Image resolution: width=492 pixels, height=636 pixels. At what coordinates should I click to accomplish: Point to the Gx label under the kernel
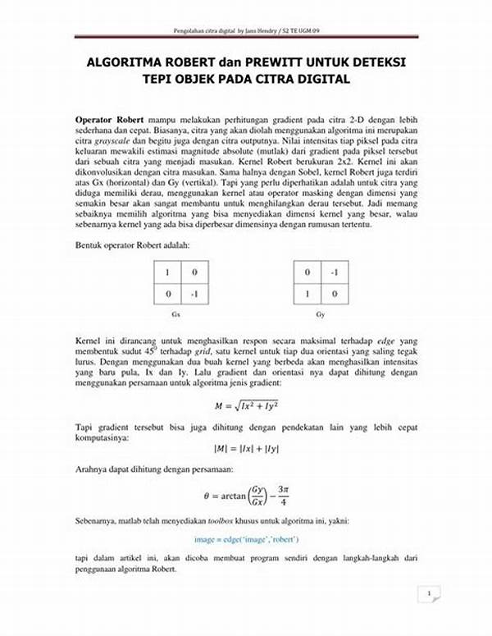click(x=175, y=313)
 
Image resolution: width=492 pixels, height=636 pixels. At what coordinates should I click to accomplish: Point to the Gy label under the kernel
click(x=320, y=313)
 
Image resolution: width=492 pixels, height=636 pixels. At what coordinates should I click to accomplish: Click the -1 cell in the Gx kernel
click(x=194, y=293)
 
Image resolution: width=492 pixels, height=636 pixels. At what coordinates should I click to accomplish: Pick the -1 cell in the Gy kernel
click(x=335, y=272)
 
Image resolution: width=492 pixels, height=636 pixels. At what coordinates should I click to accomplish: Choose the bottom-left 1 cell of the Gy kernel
click(x=307, y=293)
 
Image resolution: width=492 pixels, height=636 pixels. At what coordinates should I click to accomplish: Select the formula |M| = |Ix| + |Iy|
click(x=245, y=448)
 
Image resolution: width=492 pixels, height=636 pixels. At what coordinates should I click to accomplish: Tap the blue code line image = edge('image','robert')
click(x=246, y=539)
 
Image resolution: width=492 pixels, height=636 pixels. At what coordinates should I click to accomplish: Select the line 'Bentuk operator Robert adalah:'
click(x=132, y=245)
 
